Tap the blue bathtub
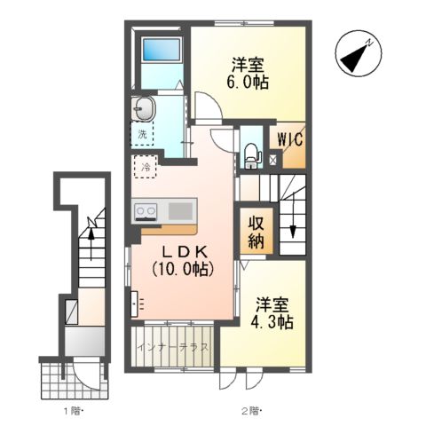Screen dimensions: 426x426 pos(162,50)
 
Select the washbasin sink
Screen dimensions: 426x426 pos(144,108)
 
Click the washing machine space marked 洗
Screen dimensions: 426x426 pos(142,134)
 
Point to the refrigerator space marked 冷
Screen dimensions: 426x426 pos(146,167)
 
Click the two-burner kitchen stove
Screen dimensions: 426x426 pos(146,211)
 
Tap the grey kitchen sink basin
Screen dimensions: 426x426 pos(180,210)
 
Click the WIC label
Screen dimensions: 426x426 pos(290,138)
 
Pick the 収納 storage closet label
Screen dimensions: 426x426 pos(256,232)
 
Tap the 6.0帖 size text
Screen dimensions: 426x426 pos(248,82)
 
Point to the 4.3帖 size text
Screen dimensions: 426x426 pos(272,322)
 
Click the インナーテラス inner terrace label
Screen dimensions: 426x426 pos(173,346)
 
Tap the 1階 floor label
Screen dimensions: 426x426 pos(73,411)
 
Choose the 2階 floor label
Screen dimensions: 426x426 pos(253,411)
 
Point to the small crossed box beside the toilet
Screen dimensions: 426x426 pos(272,161)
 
